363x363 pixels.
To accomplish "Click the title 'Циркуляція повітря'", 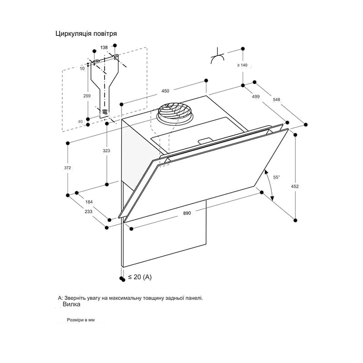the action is click(x=86, y=34).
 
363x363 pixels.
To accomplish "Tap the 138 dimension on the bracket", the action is click(x=104, y=48).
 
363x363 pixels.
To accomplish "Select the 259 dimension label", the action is click(x=87, y=96).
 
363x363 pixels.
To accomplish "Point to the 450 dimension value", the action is click(x=165, y=91).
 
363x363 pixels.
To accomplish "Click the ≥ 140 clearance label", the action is click(x=242, y=65).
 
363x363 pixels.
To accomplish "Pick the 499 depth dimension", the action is click(x=255, y=97).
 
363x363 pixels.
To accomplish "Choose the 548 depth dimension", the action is click(x=276, y=99).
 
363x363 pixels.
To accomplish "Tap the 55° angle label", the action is click(x=276, y=177).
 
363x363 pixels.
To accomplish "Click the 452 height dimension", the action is click(x=294, y=186).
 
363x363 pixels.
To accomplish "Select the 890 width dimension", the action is click(x=187, y=213).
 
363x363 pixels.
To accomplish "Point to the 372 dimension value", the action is click(x=67, y=168).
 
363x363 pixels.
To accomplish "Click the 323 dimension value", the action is click(x=106, y=151).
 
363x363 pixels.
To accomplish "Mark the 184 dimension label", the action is click(x=89, y=202).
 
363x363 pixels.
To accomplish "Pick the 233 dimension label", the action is click(x=88, y=211).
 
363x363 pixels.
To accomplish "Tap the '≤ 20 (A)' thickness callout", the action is click(x=140, y=277).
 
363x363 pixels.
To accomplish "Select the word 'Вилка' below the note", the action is click(x=72, y=304).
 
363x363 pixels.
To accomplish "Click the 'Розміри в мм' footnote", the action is click(x=81, y=320).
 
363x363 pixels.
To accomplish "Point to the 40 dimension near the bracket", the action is click(x=80, y=122).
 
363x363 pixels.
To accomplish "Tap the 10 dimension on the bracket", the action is click(x=82, y=69).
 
